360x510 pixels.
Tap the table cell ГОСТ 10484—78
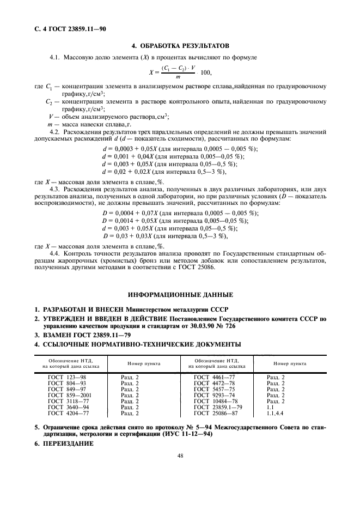215,401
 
